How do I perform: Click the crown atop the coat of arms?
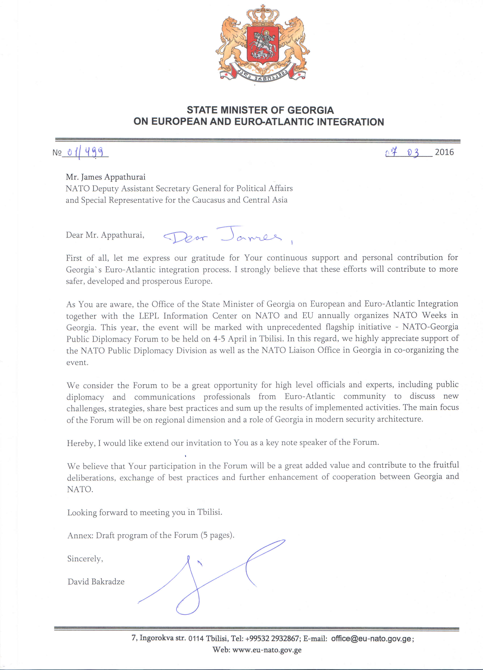[263, 15]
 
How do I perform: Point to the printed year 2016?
[444, 152]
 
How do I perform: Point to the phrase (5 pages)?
[217, 535]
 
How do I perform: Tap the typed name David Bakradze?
[96, 582]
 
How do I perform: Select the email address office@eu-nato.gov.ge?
[371, 638]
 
